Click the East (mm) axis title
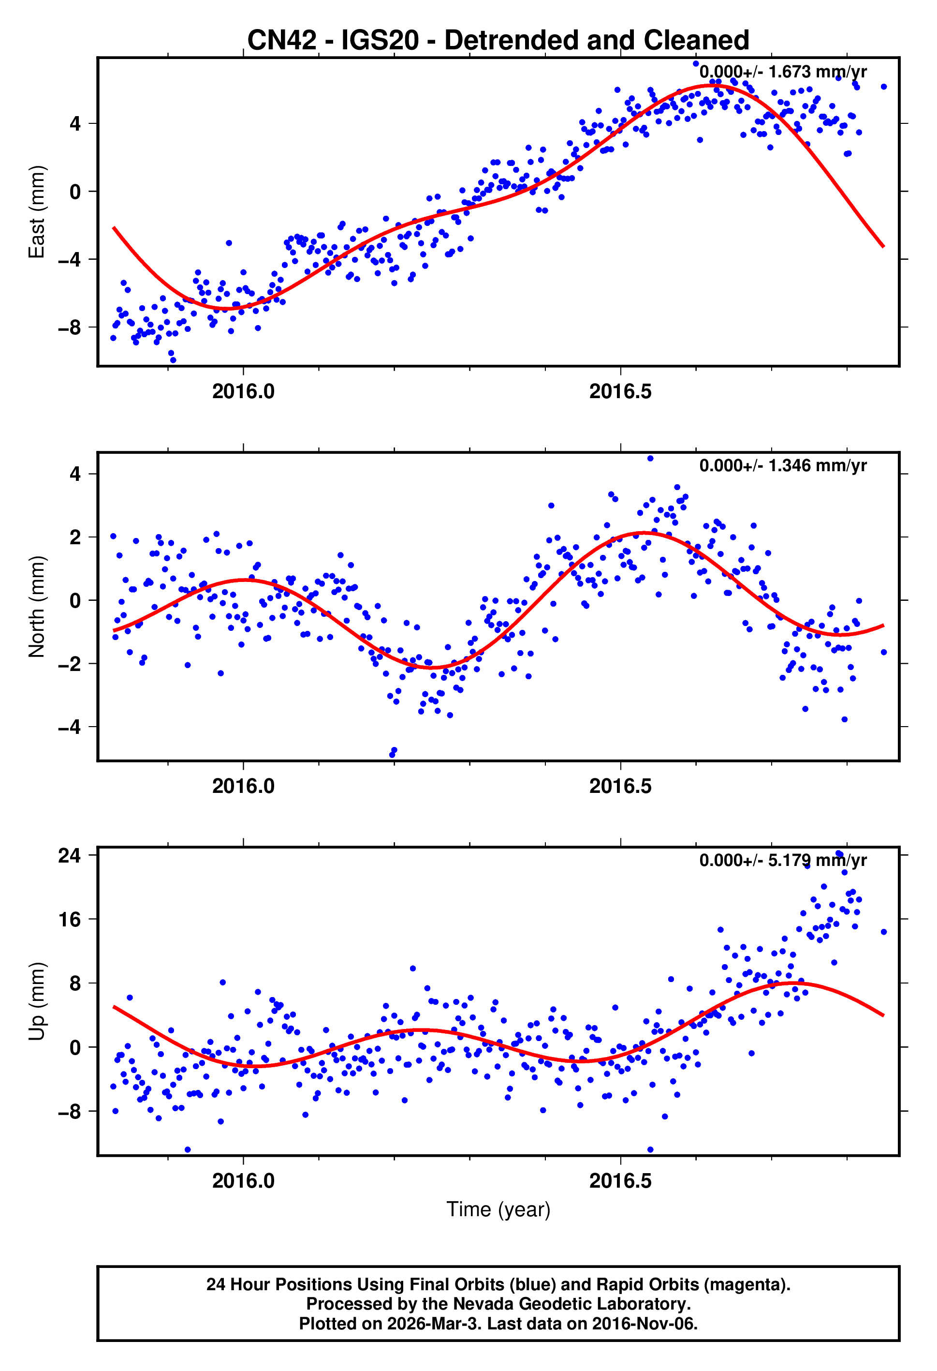[x=37, y=212]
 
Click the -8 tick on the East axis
[x=70, y=328]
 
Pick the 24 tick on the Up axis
[x=70, y=855]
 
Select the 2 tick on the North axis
[x=75, y=537]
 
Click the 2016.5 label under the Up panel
[x=620, y=1180]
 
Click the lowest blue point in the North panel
[x=392, y=755]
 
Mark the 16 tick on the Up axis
[x=70, y=919]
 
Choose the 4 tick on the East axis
[x=75, y=124]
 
